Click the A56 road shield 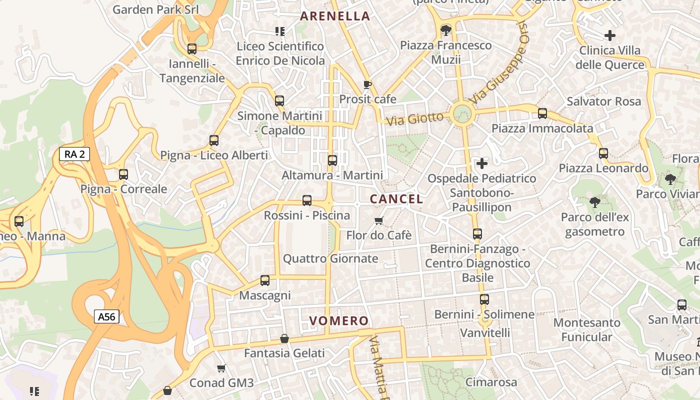coord(106,316)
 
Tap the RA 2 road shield coord(74,154)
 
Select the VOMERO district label coord(339,321)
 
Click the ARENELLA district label coord(335,16)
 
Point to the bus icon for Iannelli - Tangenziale coord(192,49)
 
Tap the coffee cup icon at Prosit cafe coord(367,84)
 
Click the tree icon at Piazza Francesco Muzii coord(445,30)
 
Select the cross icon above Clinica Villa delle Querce coord(609,35)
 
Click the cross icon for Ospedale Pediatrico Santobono coord(482,163)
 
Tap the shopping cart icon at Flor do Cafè coord(379,220)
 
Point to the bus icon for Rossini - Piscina coord(307,200)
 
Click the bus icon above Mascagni coord(265,280)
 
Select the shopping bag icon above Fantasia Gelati coord(284,338)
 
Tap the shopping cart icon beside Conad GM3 coord(221,368)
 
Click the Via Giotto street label coord(415,119)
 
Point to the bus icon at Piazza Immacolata coord(542,113)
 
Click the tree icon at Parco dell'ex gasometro coord(594,202)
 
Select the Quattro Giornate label coord(330,258)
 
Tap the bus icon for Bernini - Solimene coord(484,299)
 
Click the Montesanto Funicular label coord(586,330)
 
